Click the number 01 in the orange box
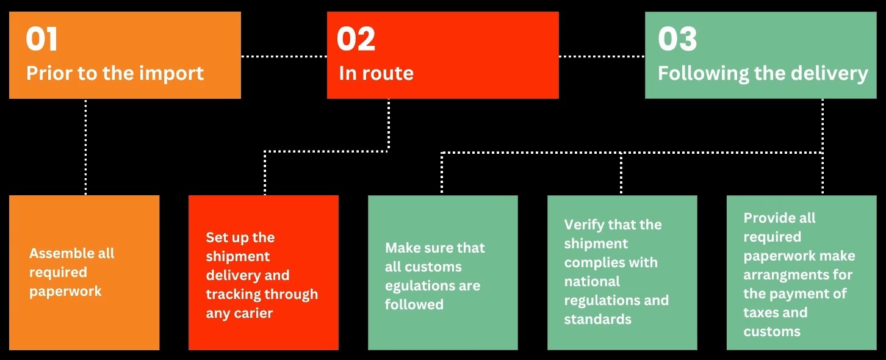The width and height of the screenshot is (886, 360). [x=41, y=39]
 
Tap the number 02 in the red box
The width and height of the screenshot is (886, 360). [x=356, y=39]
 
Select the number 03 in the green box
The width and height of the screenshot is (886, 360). [x=677, y=39]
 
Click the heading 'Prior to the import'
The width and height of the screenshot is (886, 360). [x=115, y=73]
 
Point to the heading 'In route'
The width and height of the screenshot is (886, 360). [x=376, y=73]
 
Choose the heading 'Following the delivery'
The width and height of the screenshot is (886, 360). [x=763, y=74]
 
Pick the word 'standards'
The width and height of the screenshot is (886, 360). [x=597, y=319]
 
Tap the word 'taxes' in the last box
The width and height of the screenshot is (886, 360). [x=760, y=312]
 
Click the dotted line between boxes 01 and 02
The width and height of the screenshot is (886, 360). [x=284, y=56]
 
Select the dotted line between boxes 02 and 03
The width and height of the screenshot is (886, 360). [x=602, y=56]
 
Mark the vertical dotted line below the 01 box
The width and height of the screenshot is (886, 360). [x=85, y=147]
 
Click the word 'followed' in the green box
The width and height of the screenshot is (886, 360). [x=414, y=304]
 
